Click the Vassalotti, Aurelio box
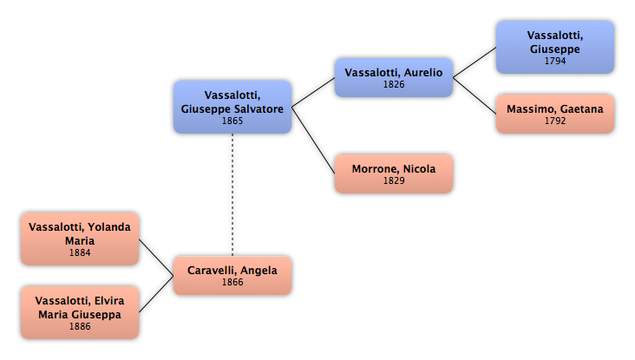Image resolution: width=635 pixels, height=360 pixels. click(394, 77)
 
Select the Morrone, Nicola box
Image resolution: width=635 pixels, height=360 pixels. click(394, 173)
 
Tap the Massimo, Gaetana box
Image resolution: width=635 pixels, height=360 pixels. click(555, 114)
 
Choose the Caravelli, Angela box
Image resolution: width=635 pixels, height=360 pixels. click(232, 275)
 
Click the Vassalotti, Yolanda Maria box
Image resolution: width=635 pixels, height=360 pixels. click(80, 239)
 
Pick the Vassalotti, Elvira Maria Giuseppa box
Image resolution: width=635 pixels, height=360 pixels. click(80, 312)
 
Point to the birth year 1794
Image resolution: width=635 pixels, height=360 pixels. click(555, 61)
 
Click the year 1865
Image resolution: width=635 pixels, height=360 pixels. click(232, 121)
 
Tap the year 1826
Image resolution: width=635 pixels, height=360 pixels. click(394, 85)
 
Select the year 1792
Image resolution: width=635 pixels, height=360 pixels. click(555, 121)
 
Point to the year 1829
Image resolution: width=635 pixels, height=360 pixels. click(394, 180)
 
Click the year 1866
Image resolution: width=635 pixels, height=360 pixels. click(232, 282)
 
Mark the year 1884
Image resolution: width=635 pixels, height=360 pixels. click(80, 252)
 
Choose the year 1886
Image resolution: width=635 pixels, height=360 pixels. click(80, 326)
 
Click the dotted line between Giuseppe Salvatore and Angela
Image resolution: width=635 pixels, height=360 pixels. click(232, 195)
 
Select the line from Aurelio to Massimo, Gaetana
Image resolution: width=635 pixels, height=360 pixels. click(475, 95)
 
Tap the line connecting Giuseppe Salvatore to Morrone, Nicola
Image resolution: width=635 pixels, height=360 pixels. click(313, 141)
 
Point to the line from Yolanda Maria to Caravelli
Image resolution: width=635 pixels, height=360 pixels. click(156, 257)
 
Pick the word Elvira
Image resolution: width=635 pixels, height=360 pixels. click(109, 301)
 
